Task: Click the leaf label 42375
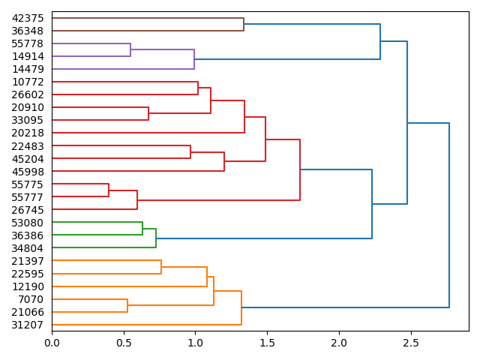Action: pos(28,18)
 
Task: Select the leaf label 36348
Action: pos(28,31)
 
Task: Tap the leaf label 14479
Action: pos(28,69)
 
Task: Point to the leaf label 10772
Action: pos(28,82)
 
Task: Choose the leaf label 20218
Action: pos(28,133)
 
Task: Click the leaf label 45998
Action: pos(28,171)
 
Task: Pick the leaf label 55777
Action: pos(28,196)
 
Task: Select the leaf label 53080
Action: pos(28,223)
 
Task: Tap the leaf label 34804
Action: pos(28,248)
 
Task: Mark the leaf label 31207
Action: pos(28,325)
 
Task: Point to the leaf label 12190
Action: pos(28,286)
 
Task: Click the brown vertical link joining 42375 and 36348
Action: pos(244,24)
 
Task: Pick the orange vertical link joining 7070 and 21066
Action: pos(127,305)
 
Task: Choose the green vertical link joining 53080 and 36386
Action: pos(142,229)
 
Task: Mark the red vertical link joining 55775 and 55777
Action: pos(109,190)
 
